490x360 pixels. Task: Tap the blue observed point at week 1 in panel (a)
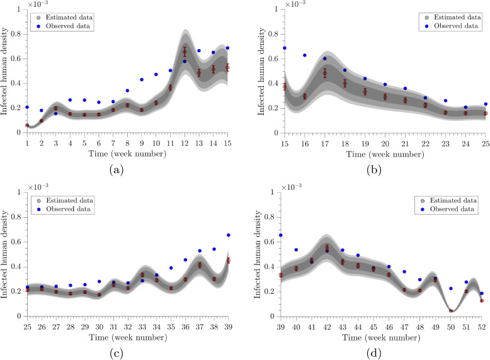coord(27,107)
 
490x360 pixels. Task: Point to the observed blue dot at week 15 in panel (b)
coord(285,48)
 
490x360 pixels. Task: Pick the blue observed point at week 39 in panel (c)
coord(228,235)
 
